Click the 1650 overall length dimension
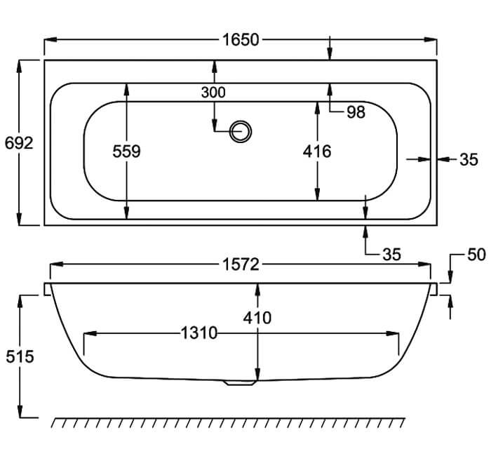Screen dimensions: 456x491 click(241, 39)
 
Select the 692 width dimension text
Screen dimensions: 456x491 click(18, 144)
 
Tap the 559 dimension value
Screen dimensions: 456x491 click(126, 152)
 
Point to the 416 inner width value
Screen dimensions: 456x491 click(317, 152)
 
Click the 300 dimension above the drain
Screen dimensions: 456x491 click(213, 92)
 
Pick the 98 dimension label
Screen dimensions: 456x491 click(356, 112)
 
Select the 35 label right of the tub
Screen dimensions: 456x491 click(469, 160)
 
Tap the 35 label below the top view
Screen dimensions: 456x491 click(391, 255)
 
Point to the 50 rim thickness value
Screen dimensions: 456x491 click(476, 254)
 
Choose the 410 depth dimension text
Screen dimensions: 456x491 click(258, 318)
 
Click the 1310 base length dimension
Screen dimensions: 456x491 click(199, 333)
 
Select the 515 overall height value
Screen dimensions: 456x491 click(19, 356)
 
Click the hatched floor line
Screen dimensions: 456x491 click(229, 423)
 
